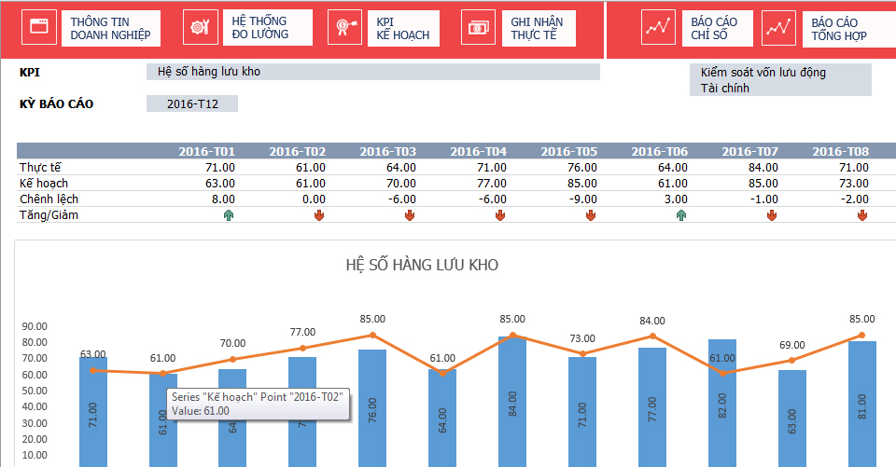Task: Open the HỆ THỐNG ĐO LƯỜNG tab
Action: [x=246, y=28]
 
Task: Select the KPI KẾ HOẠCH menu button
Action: [x=384, y=29]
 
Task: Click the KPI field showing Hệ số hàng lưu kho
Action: [x=372, y=72]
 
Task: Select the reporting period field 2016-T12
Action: [x=192, y=103]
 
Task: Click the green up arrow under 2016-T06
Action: [x=681, y=216]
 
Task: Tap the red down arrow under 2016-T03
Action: [x=409, y=216]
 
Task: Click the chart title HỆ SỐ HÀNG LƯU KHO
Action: [x=422, y=265]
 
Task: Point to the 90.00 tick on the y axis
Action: [x=35, y=326]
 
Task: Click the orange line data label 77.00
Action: [x=302, y=332]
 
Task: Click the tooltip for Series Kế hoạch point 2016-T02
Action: [x=255, y=404]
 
